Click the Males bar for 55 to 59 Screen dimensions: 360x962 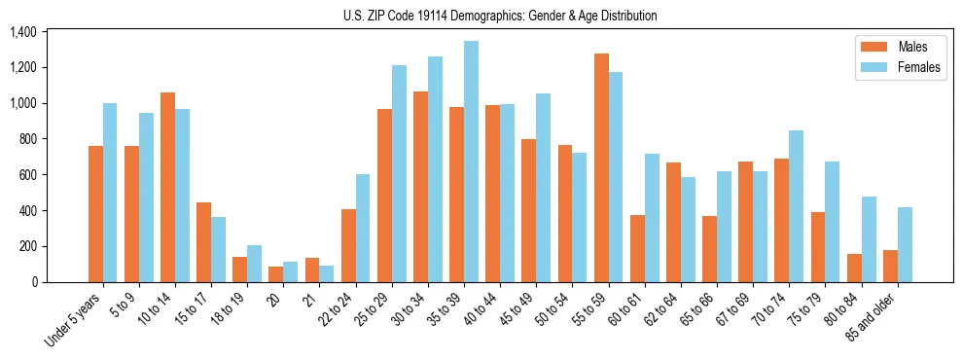click(601, 167)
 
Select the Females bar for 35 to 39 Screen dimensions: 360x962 click(471, 162)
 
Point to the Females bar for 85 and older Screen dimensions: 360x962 click(905, 244)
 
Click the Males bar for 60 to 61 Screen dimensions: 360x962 click(637, 248)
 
